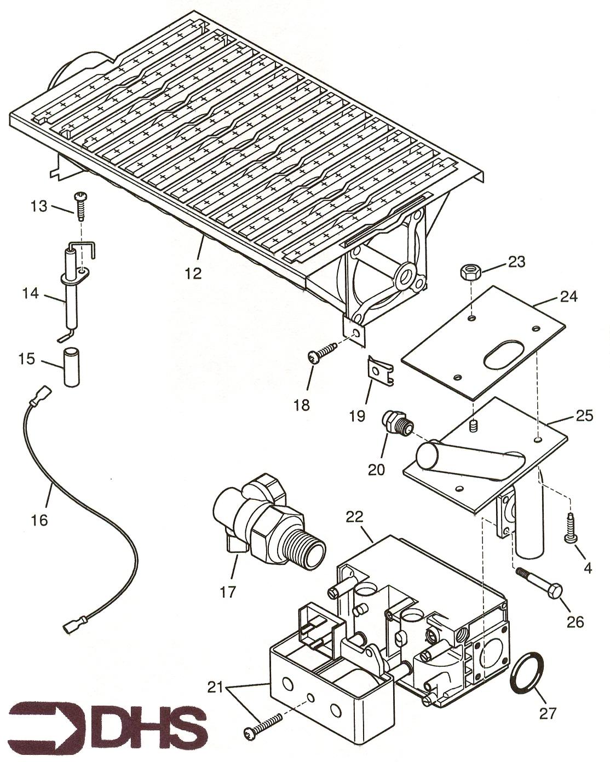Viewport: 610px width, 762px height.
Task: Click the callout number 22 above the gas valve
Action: (x=355, y=517)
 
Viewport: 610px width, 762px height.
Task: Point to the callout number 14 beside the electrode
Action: (x=31, y=293)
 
